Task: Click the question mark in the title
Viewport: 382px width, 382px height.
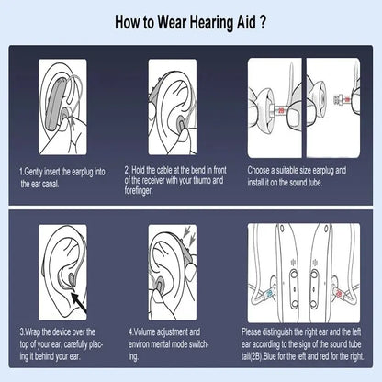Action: pos(263,22)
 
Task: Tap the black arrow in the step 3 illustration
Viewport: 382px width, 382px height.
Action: pos(78,303)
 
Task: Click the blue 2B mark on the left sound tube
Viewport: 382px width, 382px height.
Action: pos(269,293)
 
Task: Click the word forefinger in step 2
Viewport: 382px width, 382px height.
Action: pos(138,191)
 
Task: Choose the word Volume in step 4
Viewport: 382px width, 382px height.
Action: pos(145,331)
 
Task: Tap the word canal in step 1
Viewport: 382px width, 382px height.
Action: pos(50,184)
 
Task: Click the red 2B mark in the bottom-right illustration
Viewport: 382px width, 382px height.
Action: pos(339,294)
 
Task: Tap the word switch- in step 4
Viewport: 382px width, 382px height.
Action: pos(198,344)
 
